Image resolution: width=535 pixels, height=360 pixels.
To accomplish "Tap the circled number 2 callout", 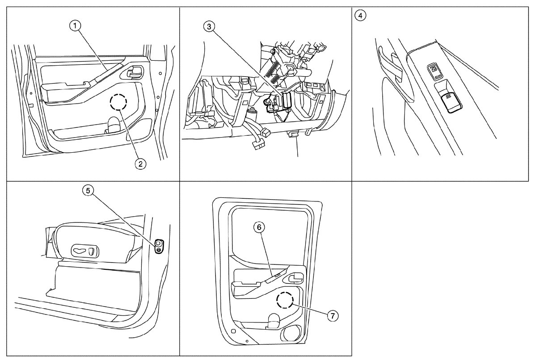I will (140, 164).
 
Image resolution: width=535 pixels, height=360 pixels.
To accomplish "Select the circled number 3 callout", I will (208, 26).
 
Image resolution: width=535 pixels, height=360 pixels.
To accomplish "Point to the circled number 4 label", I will (360, 15).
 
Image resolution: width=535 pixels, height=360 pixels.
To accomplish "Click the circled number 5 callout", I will (88, 191).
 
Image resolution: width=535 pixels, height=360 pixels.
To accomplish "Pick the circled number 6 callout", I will (259, 227).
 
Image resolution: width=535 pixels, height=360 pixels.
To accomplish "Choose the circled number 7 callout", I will (332, 316).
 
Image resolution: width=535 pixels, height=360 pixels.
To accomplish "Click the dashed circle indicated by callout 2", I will (118, 102).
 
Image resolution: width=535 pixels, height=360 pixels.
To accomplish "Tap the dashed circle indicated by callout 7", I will (284, 301).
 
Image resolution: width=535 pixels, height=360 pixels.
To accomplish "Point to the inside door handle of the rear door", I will (295, 280).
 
